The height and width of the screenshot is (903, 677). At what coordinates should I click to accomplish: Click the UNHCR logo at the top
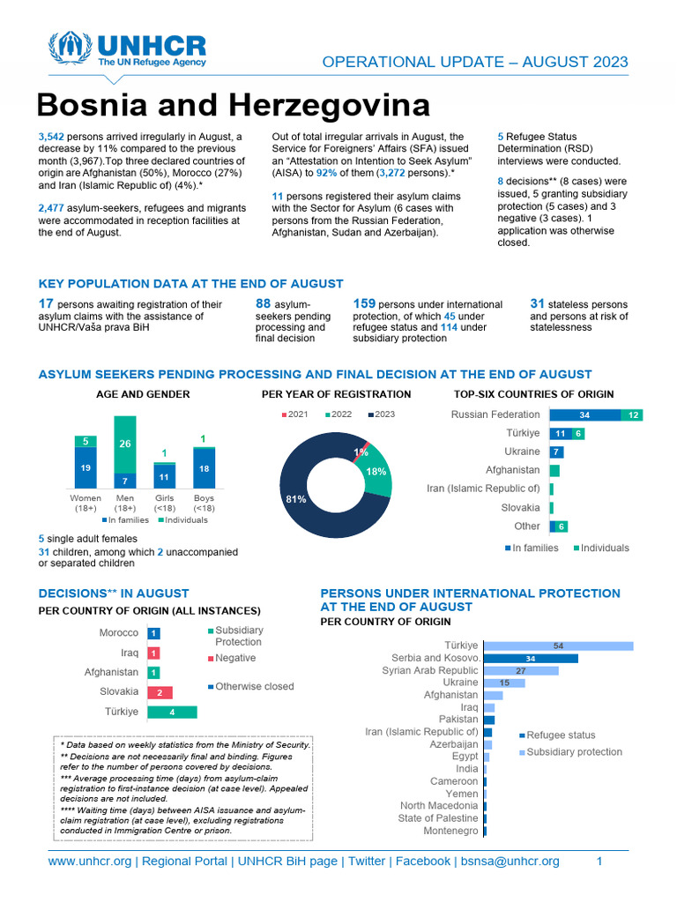tap(129, 51)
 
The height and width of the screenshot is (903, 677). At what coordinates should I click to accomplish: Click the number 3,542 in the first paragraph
tap(53, 137)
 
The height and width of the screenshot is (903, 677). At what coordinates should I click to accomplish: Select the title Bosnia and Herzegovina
tap(234, 106)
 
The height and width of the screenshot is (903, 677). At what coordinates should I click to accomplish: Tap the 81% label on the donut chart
tap(295, 499)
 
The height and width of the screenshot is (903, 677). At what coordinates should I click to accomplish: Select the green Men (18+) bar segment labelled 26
tap(125, 444)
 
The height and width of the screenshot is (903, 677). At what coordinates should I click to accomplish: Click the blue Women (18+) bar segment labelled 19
tap(86, 467)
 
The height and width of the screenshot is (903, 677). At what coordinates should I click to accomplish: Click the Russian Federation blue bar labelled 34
tap(584, 414)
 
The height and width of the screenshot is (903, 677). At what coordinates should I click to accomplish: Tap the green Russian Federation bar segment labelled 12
tap(631, 414)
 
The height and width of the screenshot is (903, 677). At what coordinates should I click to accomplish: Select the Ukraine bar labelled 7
tap(556, 451)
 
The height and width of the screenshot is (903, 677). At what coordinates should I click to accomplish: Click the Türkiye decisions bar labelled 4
tap(172, 712)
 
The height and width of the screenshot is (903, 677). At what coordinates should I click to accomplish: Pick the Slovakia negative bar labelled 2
tap(160, 692)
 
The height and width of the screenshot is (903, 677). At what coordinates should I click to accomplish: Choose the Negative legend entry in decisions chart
tap(234, 658)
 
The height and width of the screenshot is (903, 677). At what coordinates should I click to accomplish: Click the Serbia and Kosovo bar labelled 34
tap(531, 658)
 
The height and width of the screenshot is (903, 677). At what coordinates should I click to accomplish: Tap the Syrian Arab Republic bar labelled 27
tap(521, 670)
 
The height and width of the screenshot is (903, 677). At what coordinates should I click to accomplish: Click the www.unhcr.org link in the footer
tap(89, 861)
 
